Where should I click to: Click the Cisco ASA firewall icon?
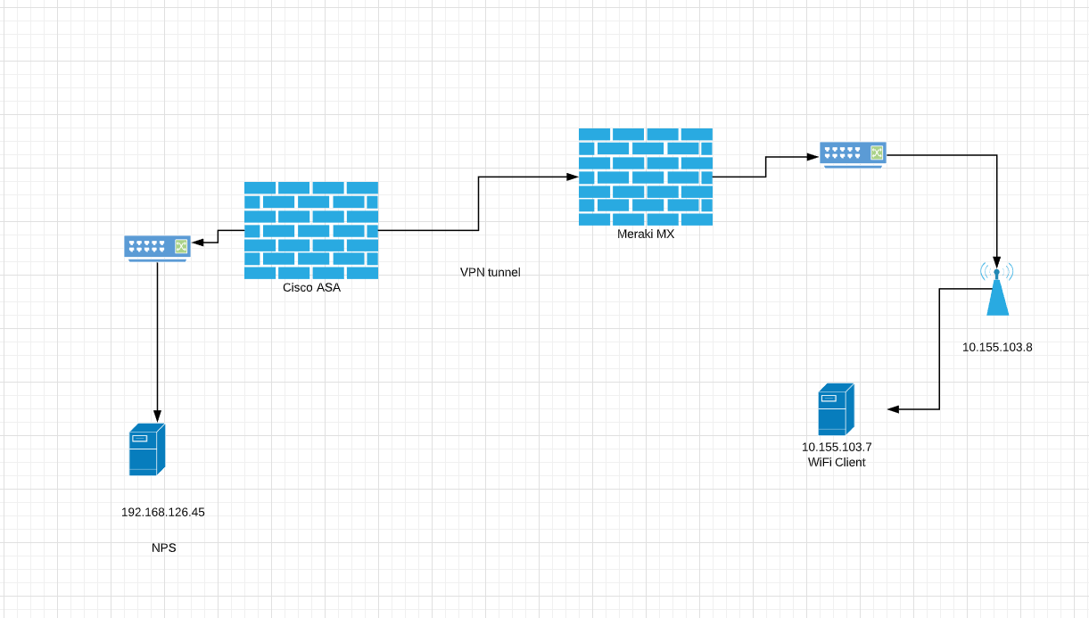[x=311, y=230]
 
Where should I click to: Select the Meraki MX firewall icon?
[x=646, y=177]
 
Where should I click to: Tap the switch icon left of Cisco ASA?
[x=157, y=247]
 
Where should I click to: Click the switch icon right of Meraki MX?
[x=853, y=154]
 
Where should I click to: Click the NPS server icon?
[x=146, y=449]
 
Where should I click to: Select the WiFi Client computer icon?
[x=836, y=409]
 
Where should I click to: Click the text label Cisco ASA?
[x=311, y=287]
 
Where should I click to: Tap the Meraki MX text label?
[x=646, y=234]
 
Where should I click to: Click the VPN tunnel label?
[x=490, y=272]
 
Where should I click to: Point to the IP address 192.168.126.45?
[x=163, y=512]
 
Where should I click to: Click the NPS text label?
[x=163, y=548]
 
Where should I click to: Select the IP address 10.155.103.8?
[x=997, y=347]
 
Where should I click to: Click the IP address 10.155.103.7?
[x=836, y=447]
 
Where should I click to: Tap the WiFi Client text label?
[x=836, y=462]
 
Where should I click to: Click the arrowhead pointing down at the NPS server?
[x=158, y=416]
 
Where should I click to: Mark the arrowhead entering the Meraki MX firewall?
[x=572, y=177]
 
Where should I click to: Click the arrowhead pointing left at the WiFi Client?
[x=893, y=409]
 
